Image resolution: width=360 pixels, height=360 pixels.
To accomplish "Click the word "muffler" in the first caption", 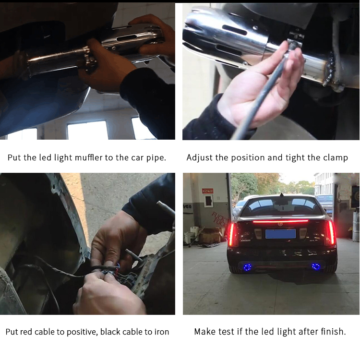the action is [89, 157].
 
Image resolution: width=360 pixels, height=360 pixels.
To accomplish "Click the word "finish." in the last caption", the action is [333, 332].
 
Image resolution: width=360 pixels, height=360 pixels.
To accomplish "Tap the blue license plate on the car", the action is [280, 233].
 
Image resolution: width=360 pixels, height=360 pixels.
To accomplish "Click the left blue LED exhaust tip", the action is [247, 266].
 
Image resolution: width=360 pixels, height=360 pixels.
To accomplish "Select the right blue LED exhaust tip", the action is [316, 266].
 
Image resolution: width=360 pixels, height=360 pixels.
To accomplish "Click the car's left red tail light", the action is [232, 234].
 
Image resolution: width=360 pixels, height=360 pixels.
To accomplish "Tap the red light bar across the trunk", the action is [280, 221].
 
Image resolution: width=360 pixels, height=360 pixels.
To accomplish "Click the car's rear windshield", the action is [281, 206].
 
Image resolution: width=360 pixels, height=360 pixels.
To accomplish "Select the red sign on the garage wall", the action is [207, 191].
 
